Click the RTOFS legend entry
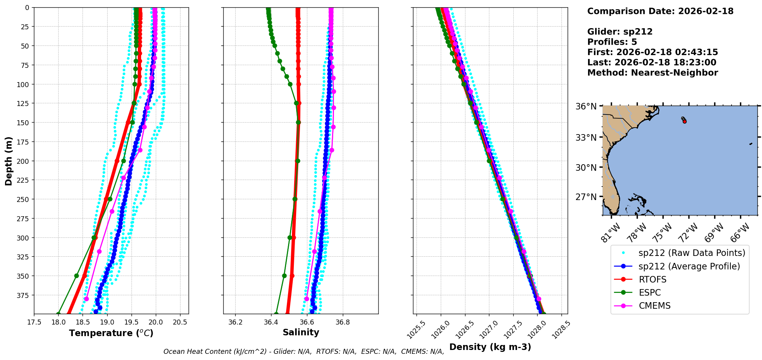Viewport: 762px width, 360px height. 652,279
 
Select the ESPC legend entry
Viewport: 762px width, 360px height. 649,293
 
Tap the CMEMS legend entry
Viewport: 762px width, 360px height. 654,306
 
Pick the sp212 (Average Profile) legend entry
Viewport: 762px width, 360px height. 689,266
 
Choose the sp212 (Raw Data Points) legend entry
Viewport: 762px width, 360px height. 691,253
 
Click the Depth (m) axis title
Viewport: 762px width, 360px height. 8,161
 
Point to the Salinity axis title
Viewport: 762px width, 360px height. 301,333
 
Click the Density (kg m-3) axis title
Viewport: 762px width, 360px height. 490,347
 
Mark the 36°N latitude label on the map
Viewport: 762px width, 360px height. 586,106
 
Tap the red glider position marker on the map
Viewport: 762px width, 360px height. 684,121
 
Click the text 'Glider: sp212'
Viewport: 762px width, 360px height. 620,32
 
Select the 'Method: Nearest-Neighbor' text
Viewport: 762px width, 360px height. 652,72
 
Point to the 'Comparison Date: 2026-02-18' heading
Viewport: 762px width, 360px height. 660,11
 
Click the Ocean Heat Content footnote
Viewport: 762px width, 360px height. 303,352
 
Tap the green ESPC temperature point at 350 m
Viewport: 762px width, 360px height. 76,276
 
